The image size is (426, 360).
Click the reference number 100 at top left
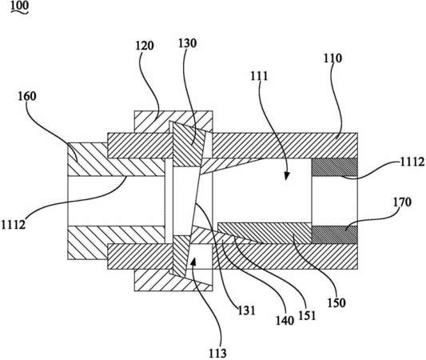pyautogui.click(x=19, y=6)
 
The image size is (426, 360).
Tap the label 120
pyautogui.click(x=145, y=46)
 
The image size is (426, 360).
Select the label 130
pyautogui.click(x=188, y=43)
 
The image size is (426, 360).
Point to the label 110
pyautogui.click(x=332, y=58)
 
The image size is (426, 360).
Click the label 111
pyautogui.click(x=259, y=76)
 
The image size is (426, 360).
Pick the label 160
pyautogui.click(x=27, y=96)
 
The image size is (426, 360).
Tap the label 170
pyautogui.click(x=402, y=202)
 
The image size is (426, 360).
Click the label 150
pyautogui.click(x=336, y=303)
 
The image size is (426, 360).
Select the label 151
pyautogui.click(x=307, y=315)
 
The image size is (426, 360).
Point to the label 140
pyautogui.click(x=285, y=321)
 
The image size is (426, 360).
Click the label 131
pyautogui.click(x=247, y=310)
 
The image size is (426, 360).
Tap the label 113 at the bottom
pyautogui.click(x=217, y=353)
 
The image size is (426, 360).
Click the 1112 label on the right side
pyautogui.click(x=412, y=162)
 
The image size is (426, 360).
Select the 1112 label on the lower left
pyautogui.click(x=14, y=225)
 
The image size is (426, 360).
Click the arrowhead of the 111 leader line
pyautogui.click(x=286, y=176)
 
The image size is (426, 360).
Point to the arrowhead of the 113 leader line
pyautogui.click(x=193, y=262)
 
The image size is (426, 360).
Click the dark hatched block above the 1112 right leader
pyautogui.click(x=334, y=167)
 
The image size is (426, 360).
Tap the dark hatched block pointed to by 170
pyautogui.click(x=334, y=234)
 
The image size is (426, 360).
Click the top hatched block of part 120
pyautogui.click(x=173, y=122)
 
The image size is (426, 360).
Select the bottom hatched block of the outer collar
pyautogui.click(x=173, y=280)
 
